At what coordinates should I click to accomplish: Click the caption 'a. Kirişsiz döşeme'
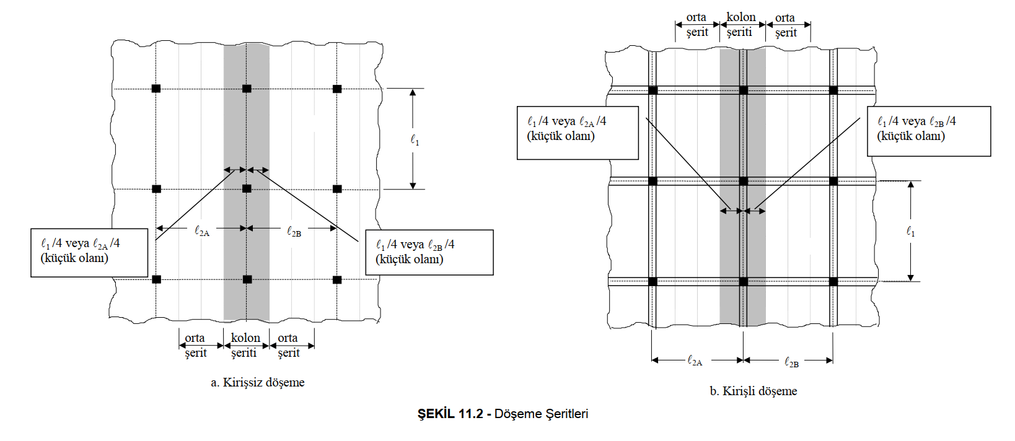[258, 383]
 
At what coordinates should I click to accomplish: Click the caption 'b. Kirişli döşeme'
[754, 391]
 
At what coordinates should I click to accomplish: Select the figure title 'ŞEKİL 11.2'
[450, 414]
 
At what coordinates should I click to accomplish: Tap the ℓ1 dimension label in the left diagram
[415, 141]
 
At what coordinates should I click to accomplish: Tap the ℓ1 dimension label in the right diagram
[910, 232]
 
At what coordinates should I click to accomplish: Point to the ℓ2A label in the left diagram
[202, 232]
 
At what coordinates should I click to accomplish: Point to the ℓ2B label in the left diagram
[294, 232]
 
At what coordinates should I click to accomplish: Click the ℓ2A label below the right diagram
[695, 360]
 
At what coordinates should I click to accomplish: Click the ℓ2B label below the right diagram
[791, 362]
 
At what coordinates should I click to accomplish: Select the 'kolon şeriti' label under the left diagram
[245, 346]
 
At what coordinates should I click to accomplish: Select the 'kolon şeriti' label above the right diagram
[740, 25]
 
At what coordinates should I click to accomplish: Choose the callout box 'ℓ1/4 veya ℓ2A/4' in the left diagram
[89, 252]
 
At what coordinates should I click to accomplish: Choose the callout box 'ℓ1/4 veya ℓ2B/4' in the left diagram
[429, 252]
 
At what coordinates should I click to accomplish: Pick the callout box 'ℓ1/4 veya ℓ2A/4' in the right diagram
[578, 133]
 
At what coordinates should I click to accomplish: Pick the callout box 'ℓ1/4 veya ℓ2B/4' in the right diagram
[928, 131]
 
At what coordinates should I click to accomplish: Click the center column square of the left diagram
[247, 188]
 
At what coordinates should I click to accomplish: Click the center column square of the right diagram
[743, 181]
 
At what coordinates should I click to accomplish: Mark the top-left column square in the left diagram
[156, 89]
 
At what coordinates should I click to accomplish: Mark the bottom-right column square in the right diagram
[833, 282]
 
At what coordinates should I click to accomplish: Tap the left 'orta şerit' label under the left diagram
[196, 346]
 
